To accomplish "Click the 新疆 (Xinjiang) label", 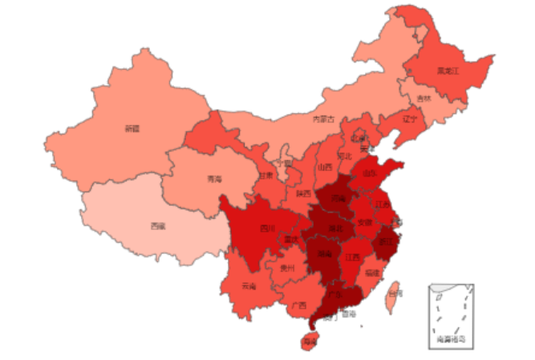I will coord(132,128).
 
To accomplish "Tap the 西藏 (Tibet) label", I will coord(157,226).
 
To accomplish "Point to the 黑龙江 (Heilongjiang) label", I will coord(447,71).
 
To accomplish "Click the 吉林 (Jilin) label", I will coord(423,99).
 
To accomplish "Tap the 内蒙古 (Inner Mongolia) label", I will coord(323,119).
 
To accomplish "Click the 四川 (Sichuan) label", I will coord(266,228).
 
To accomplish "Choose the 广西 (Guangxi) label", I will coord(298,305).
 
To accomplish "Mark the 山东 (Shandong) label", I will coord(370,172).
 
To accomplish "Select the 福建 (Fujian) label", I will coord(373,273).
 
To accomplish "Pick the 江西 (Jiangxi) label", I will coord(351,258).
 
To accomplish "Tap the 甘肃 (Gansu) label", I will coord(265,175).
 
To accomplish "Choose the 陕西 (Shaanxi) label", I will coord(303,193).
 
